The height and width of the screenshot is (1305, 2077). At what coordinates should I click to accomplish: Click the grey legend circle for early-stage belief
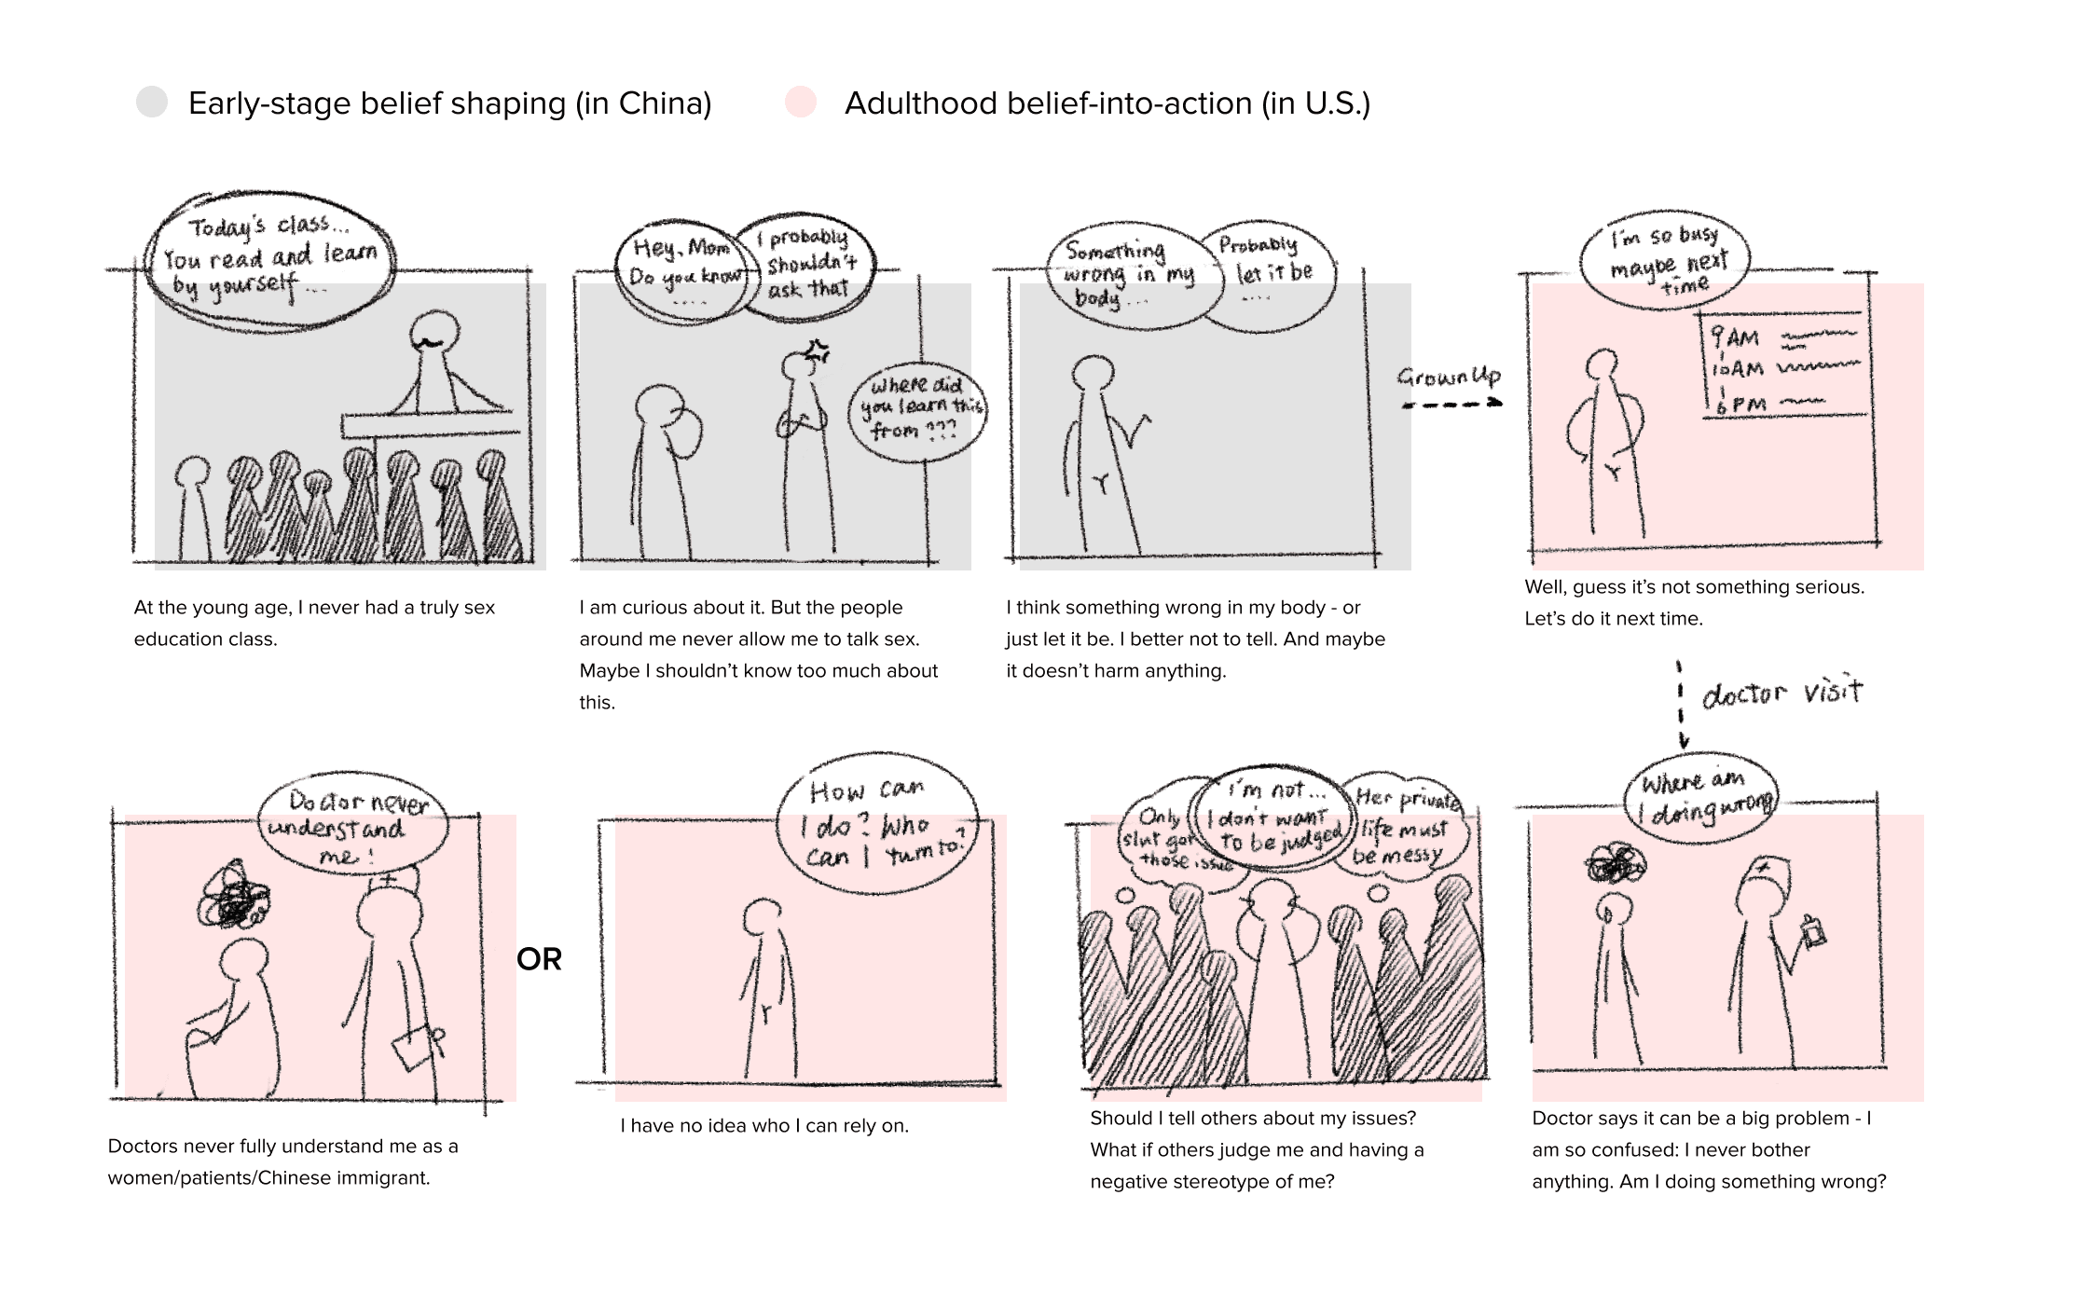(152, 102)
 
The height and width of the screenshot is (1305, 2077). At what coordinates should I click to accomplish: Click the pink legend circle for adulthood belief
(801, 102)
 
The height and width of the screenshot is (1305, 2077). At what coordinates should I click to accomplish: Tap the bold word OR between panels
(539, 959)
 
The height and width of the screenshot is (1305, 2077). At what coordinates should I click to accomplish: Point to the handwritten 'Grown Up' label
(1449, 377)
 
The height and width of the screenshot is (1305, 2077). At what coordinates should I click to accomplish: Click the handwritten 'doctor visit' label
(1781, 694)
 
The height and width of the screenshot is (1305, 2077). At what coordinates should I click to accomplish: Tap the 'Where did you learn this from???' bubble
(917, 409)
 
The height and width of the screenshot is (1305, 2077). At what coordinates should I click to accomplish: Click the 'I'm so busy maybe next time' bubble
(1666, 257)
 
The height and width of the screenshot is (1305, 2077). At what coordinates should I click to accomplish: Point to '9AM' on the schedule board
(1736, 337)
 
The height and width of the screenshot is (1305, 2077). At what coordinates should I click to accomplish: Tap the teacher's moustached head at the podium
(433, 336)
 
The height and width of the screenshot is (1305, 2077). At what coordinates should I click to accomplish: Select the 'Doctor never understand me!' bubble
(351, 826)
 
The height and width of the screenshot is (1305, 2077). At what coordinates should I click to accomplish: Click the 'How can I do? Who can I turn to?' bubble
(877, 823)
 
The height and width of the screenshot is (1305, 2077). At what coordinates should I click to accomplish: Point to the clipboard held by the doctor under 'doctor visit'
(1812, 932)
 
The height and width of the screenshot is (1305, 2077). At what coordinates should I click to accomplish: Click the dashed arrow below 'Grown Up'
(1452, 405)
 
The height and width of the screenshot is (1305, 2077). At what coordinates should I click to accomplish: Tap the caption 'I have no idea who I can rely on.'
(764, 1125)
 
